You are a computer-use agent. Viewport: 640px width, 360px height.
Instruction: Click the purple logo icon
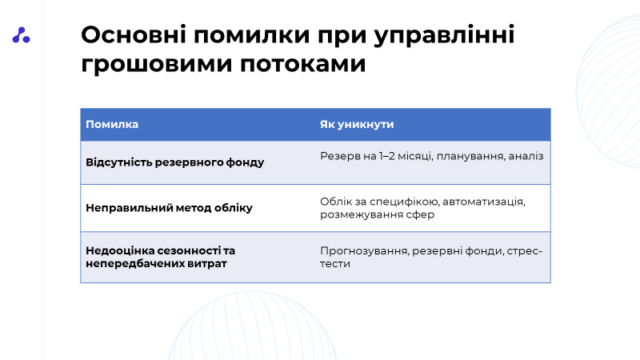(x=22, y=35)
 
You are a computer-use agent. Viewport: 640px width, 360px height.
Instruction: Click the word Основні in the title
(x=134, y=34)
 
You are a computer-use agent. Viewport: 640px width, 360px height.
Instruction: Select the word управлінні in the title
(x=444, y=36)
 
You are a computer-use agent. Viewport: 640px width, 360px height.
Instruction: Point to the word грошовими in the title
(x=156, y=65)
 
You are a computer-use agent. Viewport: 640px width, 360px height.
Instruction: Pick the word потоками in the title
(x=302, y=65)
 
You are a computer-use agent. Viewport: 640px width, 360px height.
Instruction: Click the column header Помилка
(x=112, y=125)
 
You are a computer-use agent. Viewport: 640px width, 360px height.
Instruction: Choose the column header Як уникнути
(x=357, y=125)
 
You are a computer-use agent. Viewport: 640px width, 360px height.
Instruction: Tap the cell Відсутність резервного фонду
(x=174, y=162)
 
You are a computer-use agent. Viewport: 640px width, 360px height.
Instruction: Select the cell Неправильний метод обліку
(x=169, y=208)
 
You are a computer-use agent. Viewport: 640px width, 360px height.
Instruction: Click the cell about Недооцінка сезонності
(x=161, y=257)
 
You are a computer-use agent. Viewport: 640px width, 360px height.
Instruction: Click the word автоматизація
(x=484, y=202)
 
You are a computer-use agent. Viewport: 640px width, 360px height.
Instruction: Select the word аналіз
(x=526, y=156)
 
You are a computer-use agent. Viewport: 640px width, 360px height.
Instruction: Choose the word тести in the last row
(x=335, y=264)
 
